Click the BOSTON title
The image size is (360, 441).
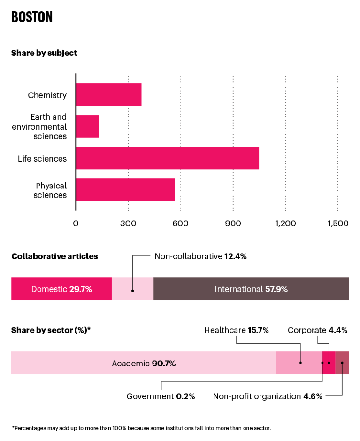click(x=32, y=17)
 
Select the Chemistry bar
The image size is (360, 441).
click(x=108, y=94)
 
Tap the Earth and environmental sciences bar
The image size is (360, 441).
click(x=87, y=126)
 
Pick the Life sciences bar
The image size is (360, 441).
click(x=167, y=158)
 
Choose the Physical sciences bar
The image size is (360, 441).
click(x=125, y=190)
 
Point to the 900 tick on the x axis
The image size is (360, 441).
click(x=233, y=223)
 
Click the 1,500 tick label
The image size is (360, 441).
click(x=337, y=223)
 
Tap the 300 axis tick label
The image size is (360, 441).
click(x=128, y=223)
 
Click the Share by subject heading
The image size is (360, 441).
click(x=44, y=53)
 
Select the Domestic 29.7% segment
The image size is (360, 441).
click(x=61, y=289)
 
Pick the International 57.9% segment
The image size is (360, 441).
click(x=251, y=289)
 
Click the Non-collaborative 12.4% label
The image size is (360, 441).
click(x=200, y=256)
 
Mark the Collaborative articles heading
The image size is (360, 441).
click(x=54, y=256)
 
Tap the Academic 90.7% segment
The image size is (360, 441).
click(x=144, y=363)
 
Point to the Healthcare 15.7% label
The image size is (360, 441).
click(x=236, y=330)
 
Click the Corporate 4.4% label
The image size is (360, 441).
click(x=317, y=330)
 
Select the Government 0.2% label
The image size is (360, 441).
click(x=161, y=396)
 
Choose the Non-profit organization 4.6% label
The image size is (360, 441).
click(x=268, y=396)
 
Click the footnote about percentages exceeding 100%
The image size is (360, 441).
click(x=141, y=428)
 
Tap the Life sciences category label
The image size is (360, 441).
click(x=42, y=158)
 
